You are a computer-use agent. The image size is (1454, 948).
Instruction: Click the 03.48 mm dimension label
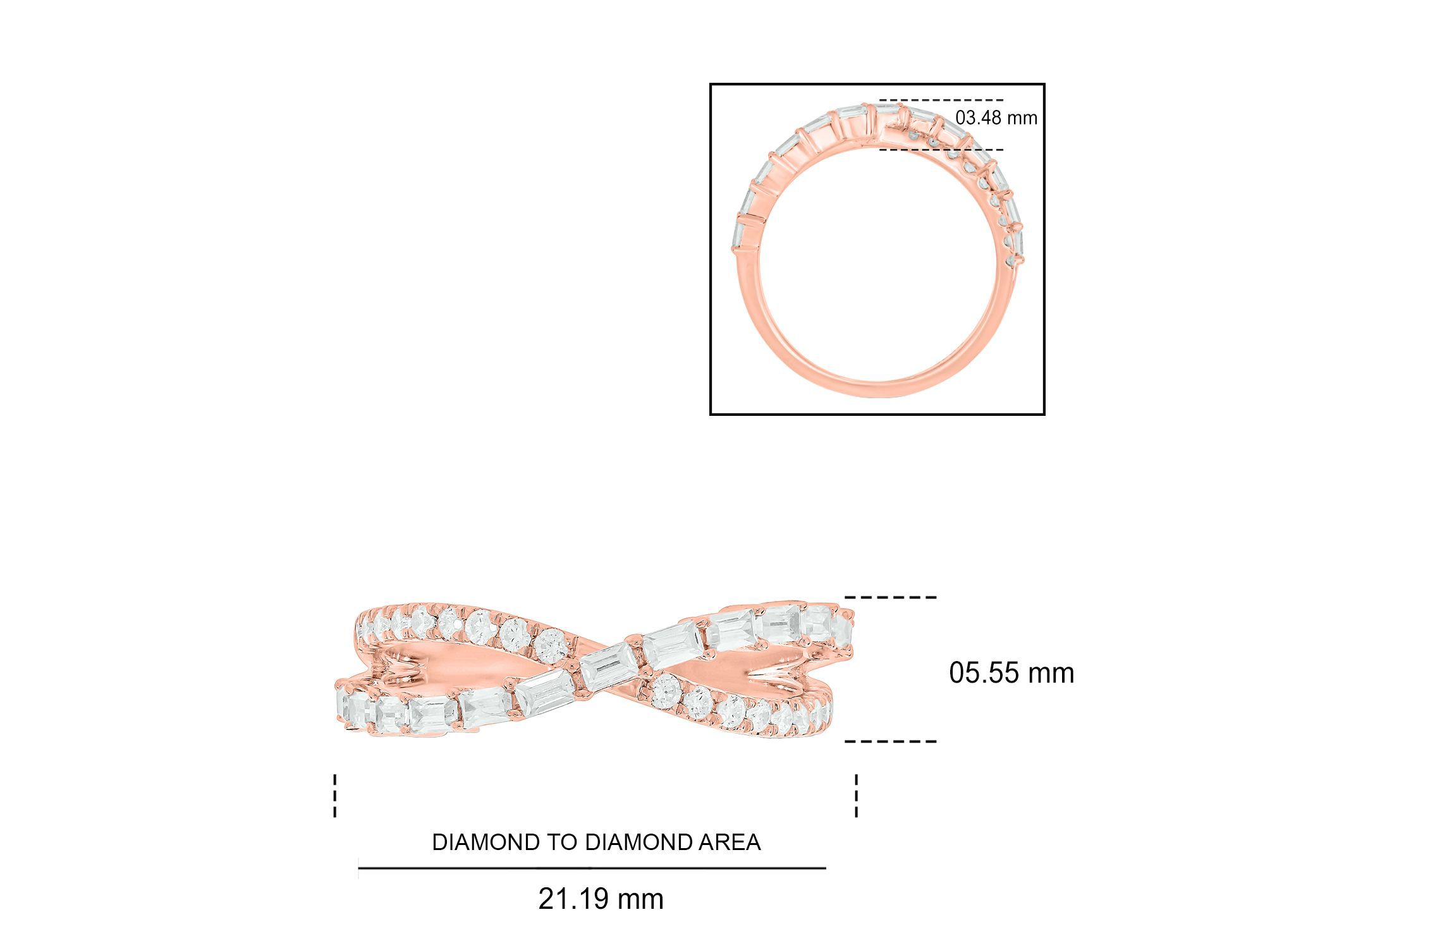[996, 118]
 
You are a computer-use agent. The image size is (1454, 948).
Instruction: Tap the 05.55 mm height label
[1011, 673]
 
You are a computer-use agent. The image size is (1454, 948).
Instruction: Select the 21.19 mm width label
[601, 899]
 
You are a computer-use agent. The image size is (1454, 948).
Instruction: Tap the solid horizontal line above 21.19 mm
[592, 868]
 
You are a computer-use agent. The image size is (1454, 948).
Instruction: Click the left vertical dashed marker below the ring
[335, 796]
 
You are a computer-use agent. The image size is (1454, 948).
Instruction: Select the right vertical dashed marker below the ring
[857, 796]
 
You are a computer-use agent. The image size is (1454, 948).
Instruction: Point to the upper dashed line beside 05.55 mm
[891, 597]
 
